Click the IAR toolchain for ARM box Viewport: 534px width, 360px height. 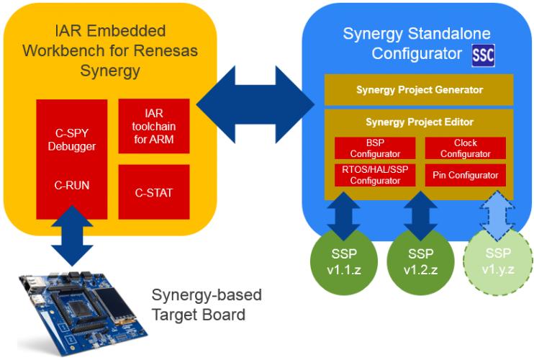pos(153,125)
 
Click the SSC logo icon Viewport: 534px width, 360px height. pos(483,55)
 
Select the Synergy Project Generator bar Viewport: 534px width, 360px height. pos(419,90)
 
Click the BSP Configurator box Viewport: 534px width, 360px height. pos(374,148)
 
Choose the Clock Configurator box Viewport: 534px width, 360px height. pos(465,148)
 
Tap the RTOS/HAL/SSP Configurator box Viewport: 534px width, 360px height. pos(374,175)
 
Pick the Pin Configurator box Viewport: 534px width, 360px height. pos(465,175)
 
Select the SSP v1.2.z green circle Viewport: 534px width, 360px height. pos(420,259)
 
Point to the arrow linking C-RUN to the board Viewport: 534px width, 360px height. pos(72,238)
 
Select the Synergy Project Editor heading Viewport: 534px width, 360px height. pos(419,122)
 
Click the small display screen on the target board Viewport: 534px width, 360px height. pos(115,306)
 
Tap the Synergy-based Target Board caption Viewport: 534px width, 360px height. pos(207,305)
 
